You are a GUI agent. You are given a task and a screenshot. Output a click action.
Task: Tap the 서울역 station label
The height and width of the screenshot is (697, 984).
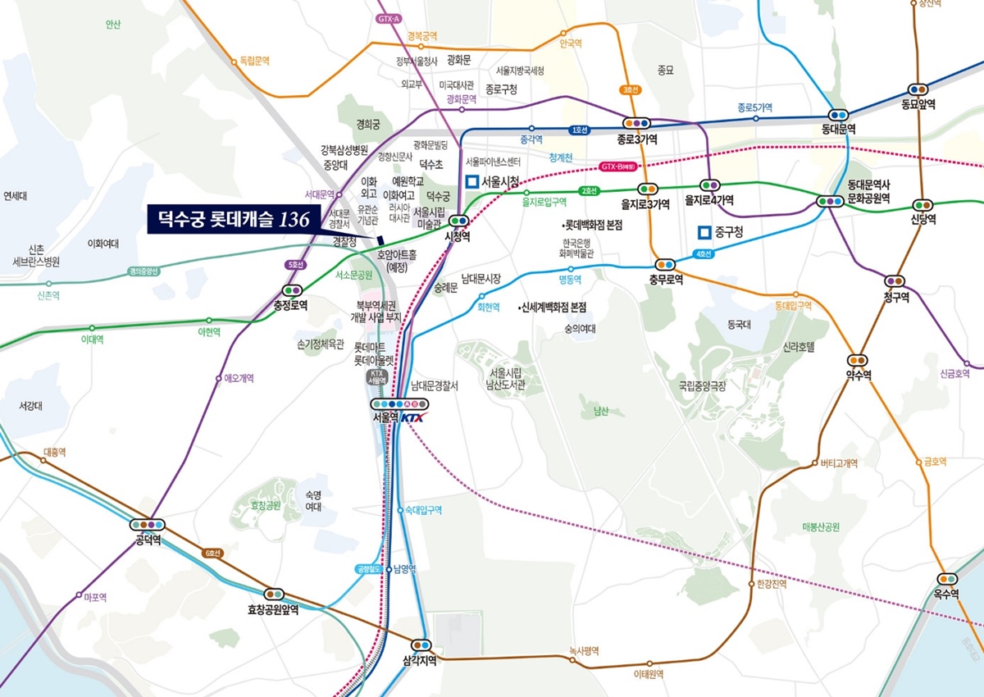point(385,417)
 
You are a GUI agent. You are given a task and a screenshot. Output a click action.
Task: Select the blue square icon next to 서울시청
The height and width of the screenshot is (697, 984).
point(471,182)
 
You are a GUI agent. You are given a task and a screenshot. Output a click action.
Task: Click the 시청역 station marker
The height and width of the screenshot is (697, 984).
point(458,220)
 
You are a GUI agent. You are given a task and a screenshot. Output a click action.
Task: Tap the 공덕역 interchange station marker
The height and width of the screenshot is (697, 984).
point(148,524)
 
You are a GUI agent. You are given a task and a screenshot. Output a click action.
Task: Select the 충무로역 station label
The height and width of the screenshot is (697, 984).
point(665,279)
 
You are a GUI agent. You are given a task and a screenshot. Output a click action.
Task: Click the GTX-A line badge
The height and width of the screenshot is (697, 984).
point(390,18)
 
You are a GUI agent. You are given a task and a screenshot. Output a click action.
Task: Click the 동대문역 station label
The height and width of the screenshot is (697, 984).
point(838,130)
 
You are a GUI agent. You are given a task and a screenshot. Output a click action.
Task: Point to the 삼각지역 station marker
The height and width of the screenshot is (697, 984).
point(421,645)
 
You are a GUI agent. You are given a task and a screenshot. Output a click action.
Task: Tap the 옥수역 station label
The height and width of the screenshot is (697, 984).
point(946,594)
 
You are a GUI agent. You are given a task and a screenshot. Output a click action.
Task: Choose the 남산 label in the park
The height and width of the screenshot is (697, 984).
point(601,412)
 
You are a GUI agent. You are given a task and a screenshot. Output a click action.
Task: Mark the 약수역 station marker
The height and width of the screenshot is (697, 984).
point(858,360)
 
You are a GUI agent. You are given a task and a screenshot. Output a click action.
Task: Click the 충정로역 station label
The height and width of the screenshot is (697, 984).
point(291,305)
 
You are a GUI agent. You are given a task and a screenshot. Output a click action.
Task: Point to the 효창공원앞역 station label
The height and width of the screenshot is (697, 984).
point(273,609)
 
